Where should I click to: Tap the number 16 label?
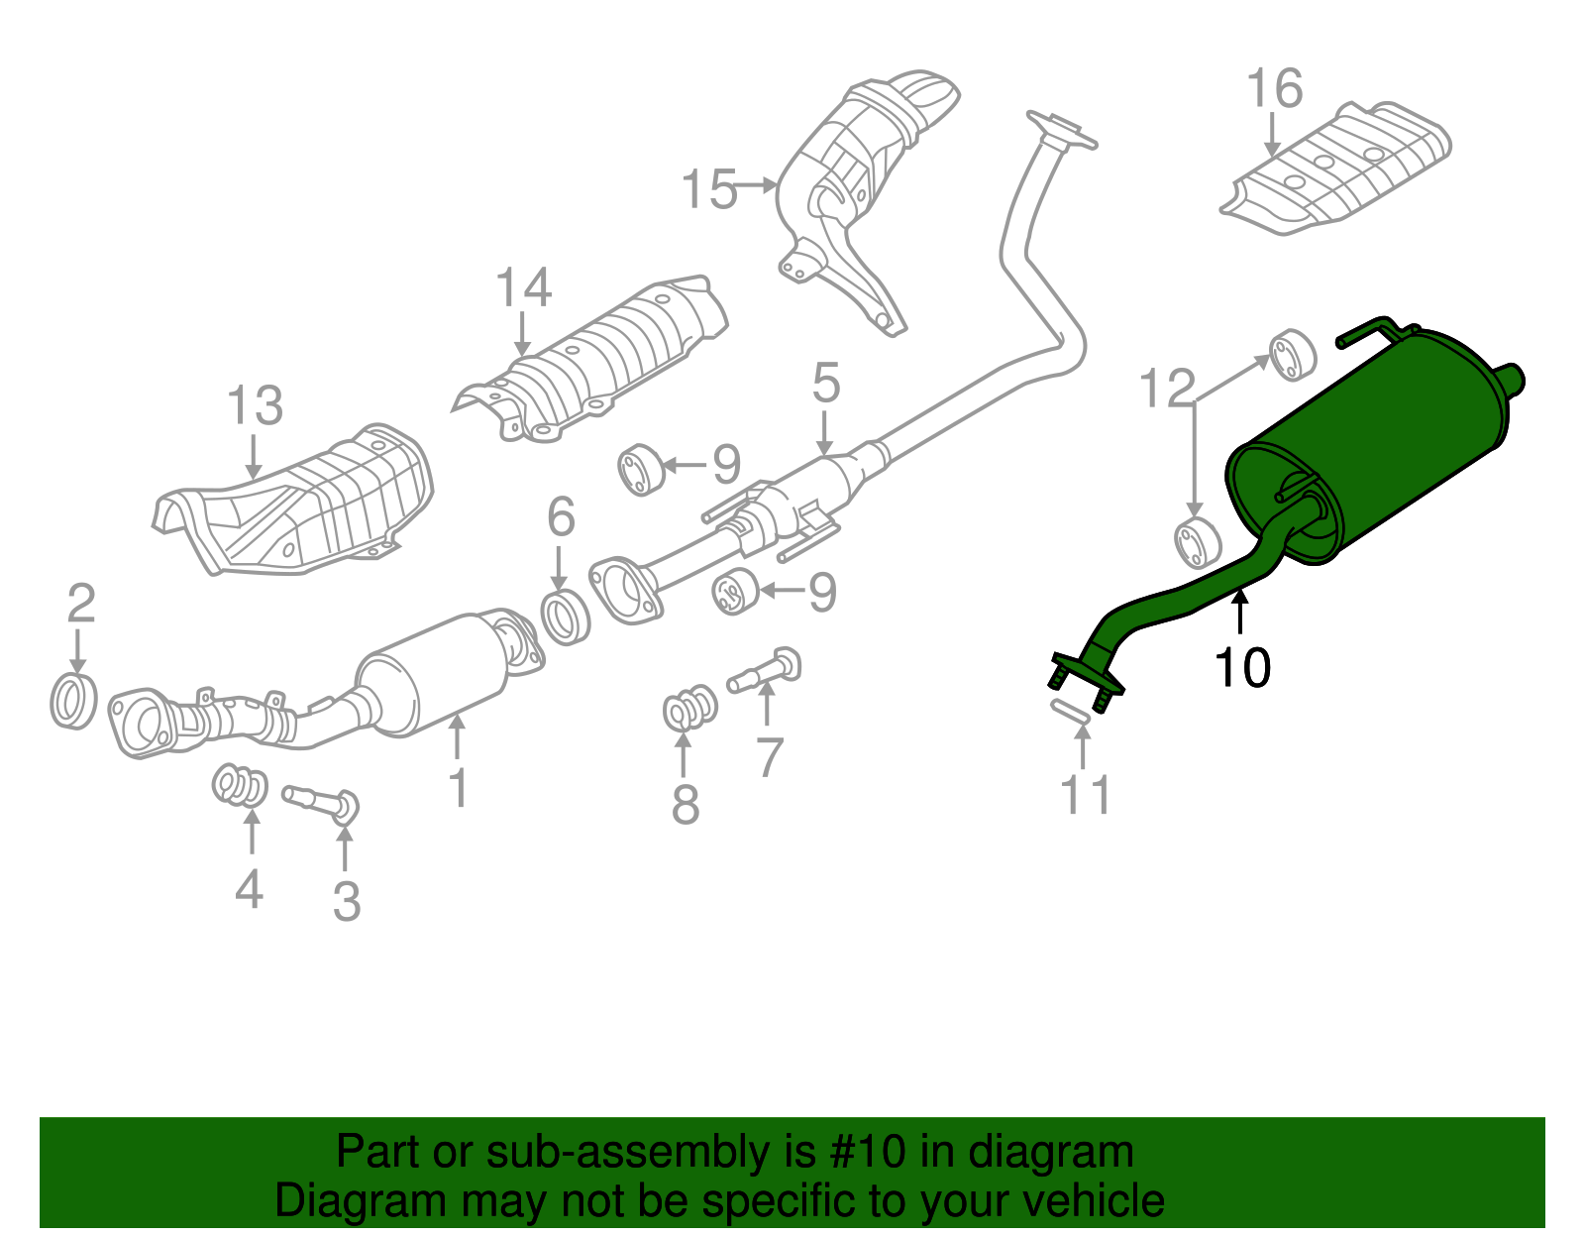pyautogui.click(x=1274, y=89)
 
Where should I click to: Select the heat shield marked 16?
pyautogui.click(x=1337, y=169)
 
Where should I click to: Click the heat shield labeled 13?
pyautogui.click(x=297, y=506)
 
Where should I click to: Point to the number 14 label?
pyautogui.click(x=523, y=288)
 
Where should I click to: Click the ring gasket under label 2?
pyautogui.click(x=74, y=701)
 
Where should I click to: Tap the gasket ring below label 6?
pyautogui.click(x=566, y=616)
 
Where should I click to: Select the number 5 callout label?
pyautogui.click(x=826, y=384)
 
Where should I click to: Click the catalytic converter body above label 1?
pyautogui.click(x=436, y=674)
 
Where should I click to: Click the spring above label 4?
pyautogui.click(x=240, y=786)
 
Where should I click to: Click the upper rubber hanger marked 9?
pyautogui.click(x=641, y=470)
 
